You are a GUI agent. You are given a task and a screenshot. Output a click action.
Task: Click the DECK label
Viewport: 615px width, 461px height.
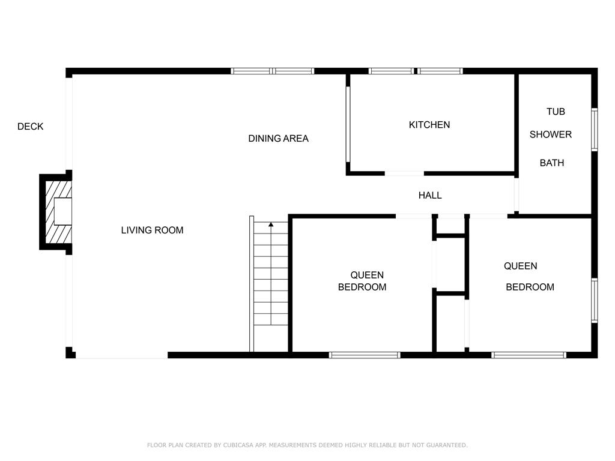click(30, 127)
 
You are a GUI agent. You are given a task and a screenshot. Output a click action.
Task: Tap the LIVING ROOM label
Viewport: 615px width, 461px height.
click(152, 230)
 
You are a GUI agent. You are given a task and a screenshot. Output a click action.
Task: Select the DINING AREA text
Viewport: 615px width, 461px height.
click(279, 139)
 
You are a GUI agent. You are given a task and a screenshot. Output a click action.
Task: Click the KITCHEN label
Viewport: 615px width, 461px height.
click(429, 125)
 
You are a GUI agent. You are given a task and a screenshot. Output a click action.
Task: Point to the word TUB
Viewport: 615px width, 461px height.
click(556, 112)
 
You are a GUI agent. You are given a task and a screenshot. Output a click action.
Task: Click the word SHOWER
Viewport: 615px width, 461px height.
click(551, 134)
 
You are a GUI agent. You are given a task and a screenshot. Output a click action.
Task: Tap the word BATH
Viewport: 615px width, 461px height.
click(552, 163)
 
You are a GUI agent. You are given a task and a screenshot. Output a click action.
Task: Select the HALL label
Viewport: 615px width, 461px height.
click(430, 195)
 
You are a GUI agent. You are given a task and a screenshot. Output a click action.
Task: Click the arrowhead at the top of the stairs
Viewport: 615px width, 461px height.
click(271, 224)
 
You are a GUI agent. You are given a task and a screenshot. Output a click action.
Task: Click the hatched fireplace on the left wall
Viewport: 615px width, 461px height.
click(58, 212)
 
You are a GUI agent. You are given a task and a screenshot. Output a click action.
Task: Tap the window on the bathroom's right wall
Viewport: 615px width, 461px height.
click(595, 130)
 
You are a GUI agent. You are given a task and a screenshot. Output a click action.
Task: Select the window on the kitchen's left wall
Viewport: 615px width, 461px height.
click(348, 124)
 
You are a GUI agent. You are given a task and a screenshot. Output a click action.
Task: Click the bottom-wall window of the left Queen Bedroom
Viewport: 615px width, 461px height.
click(365, 355)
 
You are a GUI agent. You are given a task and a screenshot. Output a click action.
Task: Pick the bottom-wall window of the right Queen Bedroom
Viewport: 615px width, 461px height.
click(529, 355)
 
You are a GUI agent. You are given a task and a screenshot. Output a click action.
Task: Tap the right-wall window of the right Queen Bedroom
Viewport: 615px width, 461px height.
click(595, 300)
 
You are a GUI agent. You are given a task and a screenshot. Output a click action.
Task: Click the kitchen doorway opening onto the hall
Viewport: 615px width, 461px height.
click(404, 173)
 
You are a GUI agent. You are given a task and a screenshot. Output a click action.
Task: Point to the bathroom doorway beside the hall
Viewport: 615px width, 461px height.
click(517, 195)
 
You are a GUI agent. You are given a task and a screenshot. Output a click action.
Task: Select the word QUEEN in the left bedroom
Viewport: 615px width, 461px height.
click(367, 275)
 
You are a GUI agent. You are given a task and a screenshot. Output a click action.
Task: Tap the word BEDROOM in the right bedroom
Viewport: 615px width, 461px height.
click(530, 287)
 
